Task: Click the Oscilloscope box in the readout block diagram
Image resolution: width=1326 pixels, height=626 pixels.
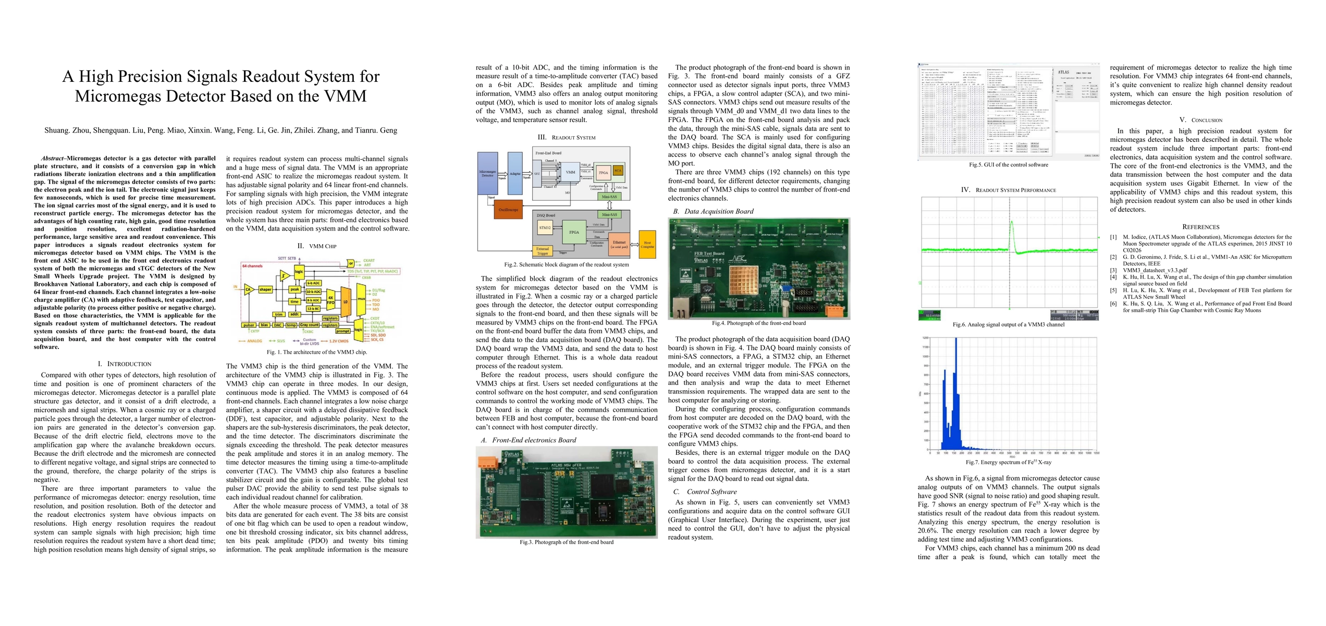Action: coord(508,209)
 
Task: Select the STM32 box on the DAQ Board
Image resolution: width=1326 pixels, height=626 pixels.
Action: coord(545,227)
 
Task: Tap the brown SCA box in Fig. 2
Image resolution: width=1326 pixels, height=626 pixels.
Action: coord(618,171)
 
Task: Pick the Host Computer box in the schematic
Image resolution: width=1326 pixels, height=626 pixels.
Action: coord(647,244)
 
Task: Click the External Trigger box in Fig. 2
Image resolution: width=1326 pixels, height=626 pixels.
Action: coord(543,251)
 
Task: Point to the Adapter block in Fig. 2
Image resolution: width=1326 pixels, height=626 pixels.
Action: coord(515,173)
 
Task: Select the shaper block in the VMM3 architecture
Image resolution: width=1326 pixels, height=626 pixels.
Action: coord(265,289)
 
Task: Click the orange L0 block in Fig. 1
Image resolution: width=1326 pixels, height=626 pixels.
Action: coord(345,301)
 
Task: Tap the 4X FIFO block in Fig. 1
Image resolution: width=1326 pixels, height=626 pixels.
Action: coord(330,301)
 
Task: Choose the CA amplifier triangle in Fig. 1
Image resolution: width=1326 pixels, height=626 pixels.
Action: coord(248,289)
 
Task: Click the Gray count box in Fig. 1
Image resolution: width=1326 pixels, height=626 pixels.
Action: coord(309,325)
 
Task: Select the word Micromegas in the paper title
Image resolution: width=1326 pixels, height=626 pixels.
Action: coord(127,96)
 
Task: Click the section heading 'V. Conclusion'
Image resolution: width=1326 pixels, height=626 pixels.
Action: coord(1200,120)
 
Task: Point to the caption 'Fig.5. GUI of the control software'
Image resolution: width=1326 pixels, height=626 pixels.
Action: coord(1008,165)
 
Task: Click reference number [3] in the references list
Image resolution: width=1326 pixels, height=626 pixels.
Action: coord(1113,270)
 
